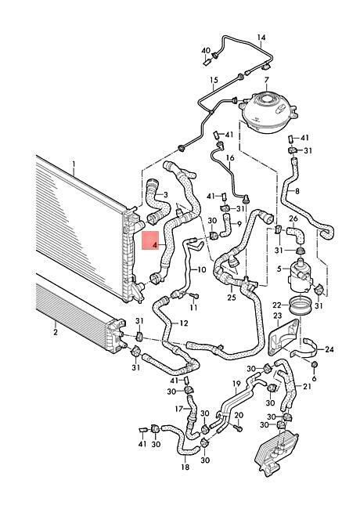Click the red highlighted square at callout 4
(151, 241)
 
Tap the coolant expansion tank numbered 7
(268, 111)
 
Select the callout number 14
(261, 38)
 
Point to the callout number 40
(206, 51)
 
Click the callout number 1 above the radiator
(74, 164)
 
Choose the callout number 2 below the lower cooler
(56, 332)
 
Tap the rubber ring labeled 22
(300, 307)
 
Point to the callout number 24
(329, 349)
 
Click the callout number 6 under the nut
(314, 378)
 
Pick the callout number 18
(185, 467)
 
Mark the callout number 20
(239, 415)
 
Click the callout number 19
(236, 384)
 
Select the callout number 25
(231, 297)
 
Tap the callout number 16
(230, 158)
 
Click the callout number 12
(183, 323)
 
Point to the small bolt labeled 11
(193, 296)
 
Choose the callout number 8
(297, 192)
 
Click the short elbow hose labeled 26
(296, 234)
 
